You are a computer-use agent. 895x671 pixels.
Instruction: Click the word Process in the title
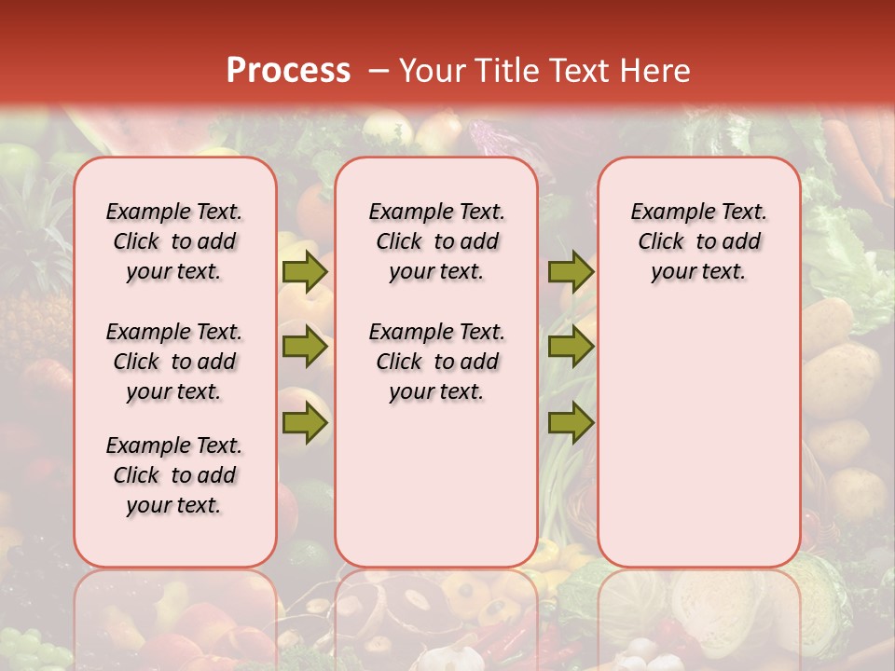(288, 71)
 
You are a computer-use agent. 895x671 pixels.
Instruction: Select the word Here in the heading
(656, 71)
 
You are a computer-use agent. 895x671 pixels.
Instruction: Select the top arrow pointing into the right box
(571, 271)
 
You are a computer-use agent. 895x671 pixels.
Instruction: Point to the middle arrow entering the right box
(571, 348)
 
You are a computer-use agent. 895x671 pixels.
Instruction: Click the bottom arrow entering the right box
(571, 423)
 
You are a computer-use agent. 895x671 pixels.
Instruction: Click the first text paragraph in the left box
(174, 241)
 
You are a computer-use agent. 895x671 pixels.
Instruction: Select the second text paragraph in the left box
(174, 362)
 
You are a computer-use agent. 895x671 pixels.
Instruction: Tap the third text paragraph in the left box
(174, 475)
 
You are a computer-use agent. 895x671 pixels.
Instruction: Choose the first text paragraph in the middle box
(436, 241)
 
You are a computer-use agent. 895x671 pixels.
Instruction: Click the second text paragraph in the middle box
(436, 362)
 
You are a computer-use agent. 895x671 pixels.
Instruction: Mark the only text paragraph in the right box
(698, 241)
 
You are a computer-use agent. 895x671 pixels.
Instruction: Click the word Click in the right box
(661, 241)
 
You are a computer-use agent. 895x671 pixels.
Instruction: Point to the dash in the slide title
(379, 71)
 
